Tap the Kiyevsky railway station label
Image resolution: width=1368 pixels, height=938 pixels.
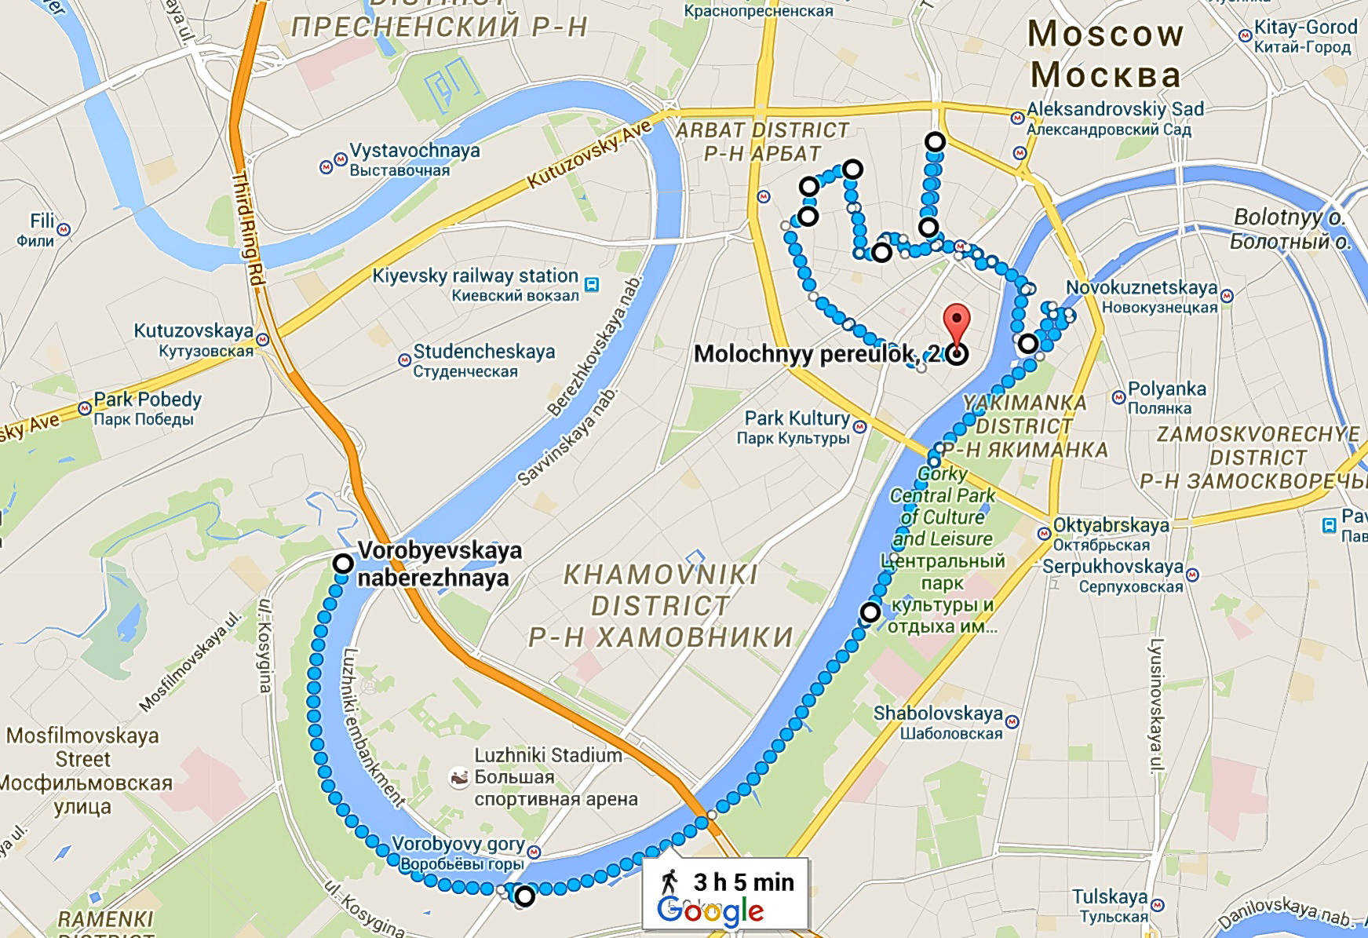point(476,276)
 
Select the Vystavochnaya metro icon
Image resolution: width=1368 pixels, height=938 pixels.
point(341,159)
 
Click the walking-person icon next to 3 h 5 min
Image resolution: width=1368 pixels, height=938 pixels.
point(669,881)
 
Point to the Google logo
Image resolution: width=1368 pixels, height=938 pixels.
point(710,911)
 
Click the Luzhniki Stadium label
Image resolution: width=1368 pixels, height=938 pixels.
point(548,755)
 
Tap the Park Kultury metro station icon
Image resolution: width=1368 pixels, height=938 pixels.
point(860,428)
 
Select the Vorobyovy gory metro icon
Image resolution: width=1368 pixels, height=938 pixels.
point(535,851)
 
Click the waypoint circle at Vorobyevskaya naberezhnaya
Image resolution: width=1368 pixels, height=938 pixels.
point(343,563)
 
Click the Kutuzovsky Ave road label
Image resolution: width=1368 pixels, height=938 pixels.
point(589,155)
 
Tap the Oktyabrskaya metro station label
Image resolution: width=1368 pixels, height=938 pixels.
point(1111,525)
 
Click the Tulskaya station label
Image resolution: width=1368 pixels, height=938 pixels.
point(1110,897)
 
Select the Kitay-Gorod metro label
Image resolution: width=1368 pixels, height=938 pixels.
point(1305,27)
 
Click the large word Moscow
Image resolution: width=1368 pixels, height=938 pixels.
point(1105,34)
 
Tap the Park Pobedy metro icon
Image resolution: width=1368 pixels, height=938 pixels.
point(84,408)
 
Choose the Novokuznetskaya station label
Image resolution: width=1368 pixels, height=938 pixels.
point(1141,288)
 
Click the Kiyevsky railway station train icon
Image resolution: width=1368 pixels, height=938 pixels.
point(592,284)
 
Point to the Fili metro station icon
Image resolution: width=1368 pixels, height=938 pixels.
point(64,230)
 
